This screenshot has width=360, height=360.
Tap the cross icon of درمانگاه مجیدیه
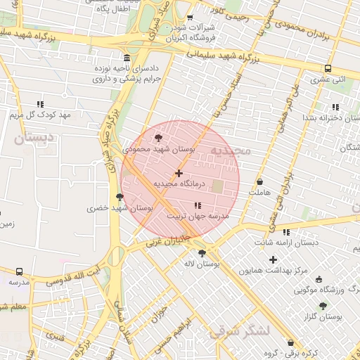point(179,173)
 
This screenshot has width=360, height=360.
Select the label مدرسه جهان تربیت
point(198,217)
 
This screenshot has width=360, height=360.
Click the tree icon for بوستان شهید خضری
point(120,197)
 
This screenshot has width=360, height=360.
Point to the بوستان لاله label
point(202,264)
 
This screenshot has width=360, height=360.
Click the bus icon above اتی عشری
point(328,69)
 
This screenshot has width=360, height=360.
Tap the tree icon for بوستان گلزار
point(323,306)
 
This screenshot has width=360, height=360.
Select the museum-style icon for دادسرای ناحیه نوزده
point(126,58)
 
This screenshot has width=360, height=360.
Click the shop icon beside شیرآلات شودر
point(190,18)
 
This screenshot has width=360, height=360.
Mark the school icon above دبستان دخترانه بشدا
point(335,106)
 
